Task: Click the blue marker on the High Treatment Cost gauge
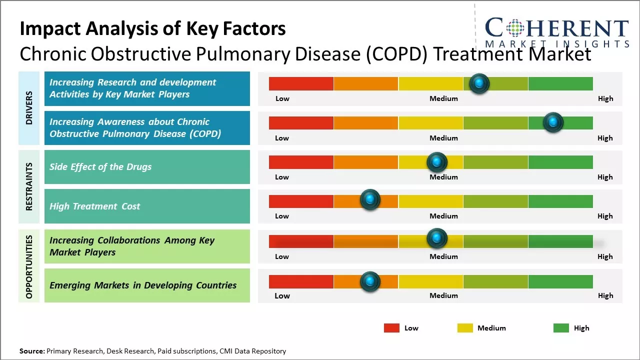[370, 200]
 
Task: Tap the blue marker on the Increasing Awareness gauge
[553, 122]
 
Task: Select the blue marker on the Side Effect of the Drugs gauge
[436, 162]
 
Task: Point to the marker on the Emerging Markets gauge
[370, 282]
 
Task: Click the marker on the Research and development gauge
[479, 83]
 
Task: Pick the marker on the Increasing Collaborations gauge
[436, 238]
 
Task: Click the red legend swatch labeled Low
[391, 328]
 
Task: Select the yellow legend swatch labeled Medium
[465, 328]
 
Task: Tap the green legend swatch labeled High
[561, 328]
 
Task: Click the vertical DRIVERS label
[29, 107]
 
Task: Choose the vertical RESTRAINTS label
[29, 186]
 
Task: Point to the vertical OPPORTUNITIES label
[29, 266]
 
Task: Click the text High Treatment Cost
[95, 206]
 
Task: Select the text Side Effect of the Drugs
[100, 167]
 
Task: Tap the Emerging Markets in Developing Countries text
[143, 285]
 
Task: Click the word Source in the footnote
[31, 351]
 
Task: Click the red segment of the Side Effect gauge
[301, 162]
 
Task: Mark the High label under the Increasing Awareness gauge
[605, 138]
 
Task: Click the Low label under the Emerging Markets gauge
[282, 295]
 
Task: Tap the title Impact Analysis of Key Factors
[152, 29]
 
